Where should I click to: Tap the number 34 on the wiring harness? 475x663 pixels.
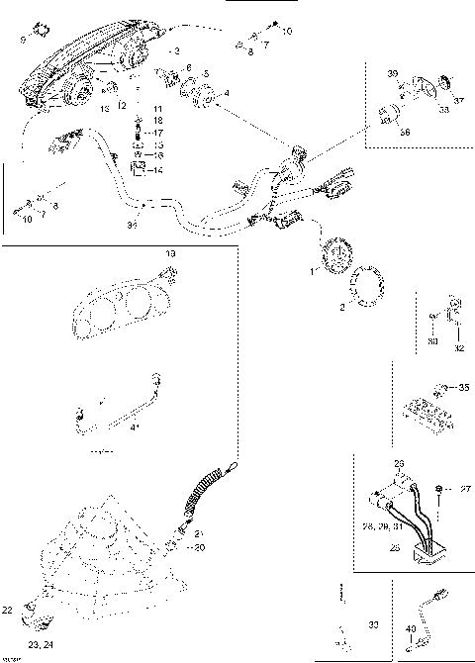132,226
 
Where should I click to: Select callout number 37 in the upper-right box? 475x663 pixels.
458,100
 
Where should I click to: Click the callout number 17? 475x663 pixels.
158,132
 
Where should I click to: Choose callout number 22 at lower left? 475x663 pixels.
8,610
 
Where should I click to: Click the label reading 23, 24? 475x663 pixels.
41,644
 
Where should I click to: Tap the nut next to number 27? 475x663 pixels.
436,490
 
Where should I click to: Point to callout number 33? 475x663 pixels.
372,626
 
